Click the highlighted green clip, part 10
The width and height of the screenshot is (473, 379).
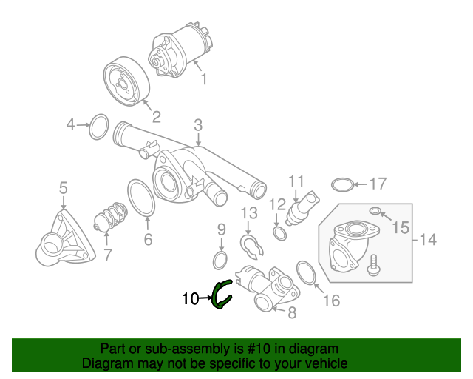[215, 296]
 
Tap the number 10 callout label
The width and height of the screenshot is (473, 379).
[191, 299]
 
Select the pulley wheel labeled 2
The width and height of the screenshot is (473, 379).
[126, 81]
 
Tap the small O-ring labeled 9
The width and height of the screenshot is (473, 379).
[214, 260]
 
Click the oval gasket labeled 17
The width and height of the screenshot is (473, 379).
[332, 184]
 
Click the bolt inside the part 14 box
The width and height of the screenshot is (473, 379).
[374, 265]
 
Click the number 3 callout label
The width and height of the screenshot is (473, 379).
[198, 125]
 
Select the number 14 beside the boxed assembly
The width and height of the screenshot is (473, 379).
[428, 240]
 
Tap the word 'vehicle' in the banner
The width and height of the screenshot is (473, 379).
[329, 363]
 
